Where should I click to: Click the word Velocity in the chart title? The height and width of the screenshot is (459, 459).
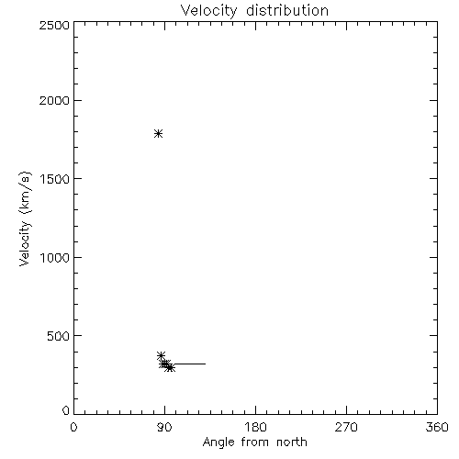pyautogui.click(x=208, y=11)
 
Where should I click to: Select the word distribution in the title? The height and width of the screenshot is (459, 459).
pyautogui.click(x=287, y=10)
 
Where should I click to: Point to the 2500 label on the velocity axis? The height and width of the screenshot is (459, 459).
pyautogui.click(x=54, y=25)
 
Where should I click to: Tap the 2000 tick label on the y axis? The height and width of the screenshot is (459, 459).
pyautogui.click(x=54, y=100)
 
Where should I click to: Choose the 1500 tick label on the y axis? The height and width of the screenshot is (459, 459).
pyautogui.click(x=55, y=179)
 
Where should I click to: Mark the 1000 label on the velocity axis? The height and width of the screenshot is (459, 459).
pyautogui.click(x=55, y=258)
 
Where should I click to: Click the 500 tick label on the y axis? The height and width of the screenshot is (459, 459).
pyautogui.click(x=59, y=336)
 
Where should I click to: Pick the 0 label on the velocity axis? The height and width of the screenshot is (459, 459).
pyautogui.click(x=66, y=410)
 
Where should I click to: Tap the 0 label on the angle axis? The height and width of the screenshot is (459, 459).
pyautogui.click(x=73, y=427)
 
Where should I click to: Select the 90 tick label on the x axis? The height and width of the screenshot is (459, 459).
pyautogui.click(x=164, y=427)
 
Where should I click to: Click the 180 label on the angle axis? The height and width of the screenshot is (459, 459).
pyautogui.click(x=255, y=427)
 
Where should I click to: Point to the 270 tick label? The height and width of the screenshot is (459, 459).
pyautogui.click(x=346, y=427)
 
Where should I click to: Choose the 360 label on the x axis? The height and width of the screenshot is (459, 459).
pyautogui.click(x=437, y=427)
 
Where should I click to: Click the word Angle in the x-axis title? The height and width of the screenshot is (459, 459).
pyautogui.click(x=218, y=442)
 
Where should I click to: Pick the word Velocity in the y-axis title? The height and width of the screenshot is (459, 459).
pyautogui.click(x=25, y=243)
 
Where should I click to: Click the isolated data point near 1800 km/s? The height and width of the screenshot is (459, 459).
pyautogui.click(x=158, y=133)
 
